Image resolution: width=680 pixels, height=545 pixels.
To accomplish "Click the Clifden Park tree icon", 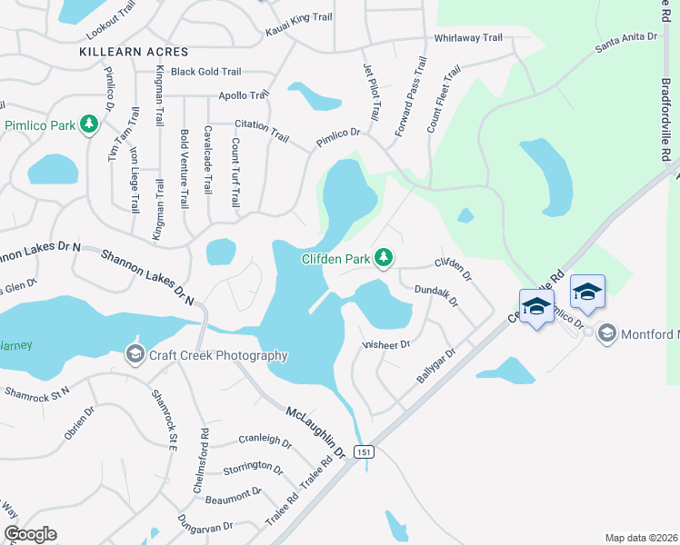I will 384,259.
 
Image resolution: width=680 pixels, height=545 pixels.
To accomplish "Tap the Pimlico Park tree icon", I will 89,124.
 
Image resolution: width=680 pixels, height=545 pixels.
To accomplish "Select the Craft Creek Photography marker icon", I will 135,354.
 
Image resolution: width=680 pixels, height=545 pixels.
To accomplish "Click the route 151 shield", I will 364,451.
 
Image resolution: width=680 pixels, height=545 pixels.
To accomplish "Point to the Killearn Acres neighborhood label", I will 134,53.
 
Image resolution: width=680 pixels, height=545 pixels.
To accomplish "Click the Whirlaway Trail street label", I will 468,38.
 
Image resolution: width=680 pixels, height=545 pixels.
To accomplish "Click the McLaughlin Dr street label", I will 316,431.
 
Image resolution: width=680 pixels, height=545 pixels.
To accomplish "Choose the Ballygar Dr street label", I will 435,363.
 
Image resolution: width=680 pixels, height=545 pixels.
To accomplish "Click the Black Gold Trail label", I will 205,72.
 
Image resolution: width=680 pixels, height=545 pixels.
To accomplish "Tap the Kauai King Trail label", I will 299,25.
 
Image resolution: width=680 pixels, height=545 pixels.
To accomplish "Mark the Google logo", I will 30,534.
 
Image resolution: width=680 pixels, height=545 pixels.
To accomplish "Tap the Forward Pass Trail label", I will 411,98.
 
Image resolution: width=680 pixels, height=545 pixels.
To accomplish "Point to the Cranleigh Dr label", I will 264,443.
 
